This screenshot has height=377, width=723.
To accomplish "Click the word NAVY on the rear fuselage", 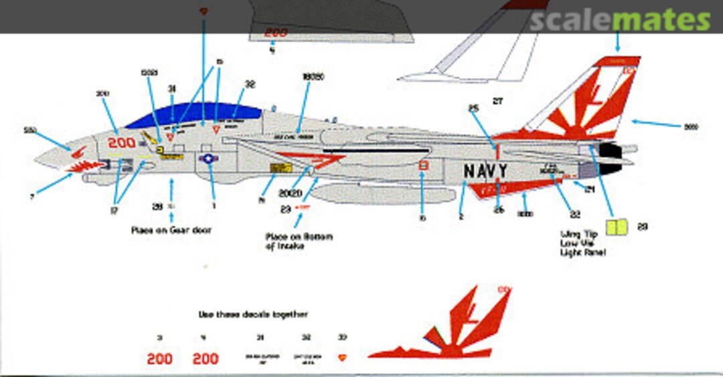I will (x=485, y=171).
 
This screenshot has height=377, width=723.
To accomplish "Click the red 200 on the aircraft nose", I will (x=122, y=143).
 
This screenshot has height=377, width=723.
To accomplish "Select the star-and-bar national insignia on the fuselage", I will (x=209, y=158).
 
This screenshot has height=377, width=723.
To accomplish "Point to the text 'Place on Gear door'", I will (x=172, y=230).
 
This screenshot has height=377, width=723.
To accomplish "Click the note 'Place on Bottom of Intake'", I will (x=299, y=241).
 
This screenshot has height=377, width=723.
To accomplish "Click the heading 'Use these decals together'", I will (x=253, y=313).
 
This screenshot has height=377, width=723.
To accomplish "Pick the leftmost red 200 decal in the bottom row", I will (x=159, y=359).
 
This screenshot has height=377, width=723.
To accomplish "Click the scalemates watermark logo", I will (x=619, y=21).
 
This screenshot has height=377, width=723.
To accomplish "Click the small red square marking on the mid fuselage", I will (x=422, y=166).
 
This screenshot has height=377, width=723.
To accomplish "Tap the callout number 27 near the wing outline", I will (x=497, y=101).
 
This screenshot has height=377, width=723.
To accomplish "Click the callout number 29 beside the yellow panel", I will (x=642, y=227).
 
